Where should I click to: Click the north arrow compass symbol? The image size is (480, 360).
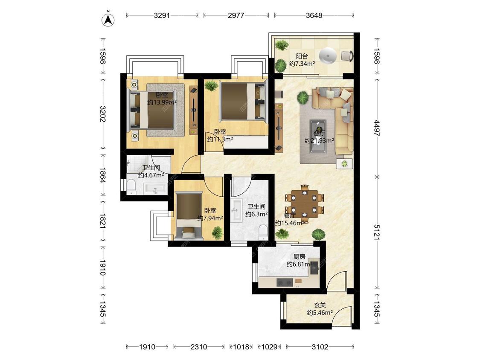108,20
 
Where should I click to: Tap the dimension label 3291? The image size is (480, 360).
162,15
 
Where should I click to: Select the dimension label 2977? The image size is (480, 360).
236,15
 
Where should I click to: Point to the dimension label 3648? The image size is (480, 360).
314,15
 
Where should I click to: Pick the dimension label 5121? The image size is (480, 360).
377,232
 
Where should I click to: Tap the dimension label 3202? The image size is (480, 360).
102,114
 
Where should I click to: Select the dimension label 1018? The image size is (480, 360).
241,347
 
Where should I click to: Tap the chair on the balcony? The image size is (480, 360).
347,56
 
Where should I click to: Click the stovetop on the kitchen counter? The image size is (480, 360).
285,282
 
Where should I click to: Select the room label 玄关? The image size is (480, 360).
320,305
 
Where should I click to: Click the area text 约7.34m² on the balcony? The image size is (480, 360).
302,64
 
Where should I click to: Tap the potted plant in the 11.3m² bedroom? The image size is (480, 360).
211,85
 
